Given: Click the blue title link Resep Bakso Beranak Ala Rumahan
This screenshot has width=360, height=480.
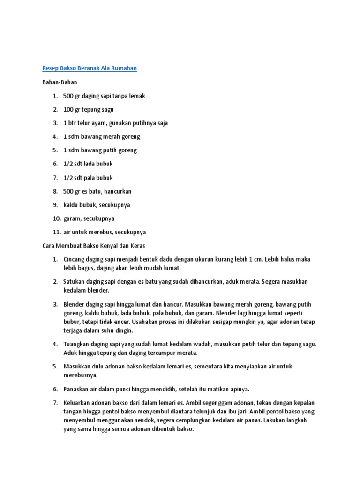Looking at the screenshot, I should click(x=90, y=68).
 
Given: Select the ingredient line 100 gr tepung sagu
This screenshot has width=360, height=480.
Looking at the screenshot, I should click(x=89, y=109).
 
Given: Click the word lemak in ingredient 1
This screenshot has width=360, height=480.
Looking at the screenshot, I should click(x=137, y=96).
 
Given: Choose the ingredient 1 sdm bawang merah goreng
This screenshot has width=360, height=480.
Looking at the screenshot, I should click(x=102, y=136).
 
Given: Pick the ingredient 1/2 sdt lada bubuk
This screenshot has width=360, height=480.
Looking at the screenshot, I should click(x=88, y=164).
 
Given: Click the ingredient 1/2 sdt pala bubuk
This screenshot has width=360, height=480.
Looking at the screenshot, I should click(x=88, y=178).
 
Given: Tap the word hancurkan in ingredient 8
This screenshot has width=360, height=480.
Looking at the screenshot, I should click(x=118, y=191).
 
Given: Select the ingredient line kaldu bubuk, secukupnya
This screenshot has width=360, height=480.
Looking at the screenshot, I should click(x=97, y=205).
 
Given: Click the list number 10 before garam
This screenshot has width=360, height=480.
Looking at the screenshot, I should click(x=57, y=218).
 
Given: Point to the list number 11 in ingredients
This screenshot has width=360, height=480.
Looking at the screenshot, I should click(x=57, y=232).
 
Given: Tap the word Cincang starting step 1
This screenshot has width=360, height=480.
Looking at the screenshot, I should click(x=74, y=259).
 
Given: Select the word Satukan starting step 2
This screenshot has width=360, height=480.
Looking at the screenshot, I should click(x=74, y=282).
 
